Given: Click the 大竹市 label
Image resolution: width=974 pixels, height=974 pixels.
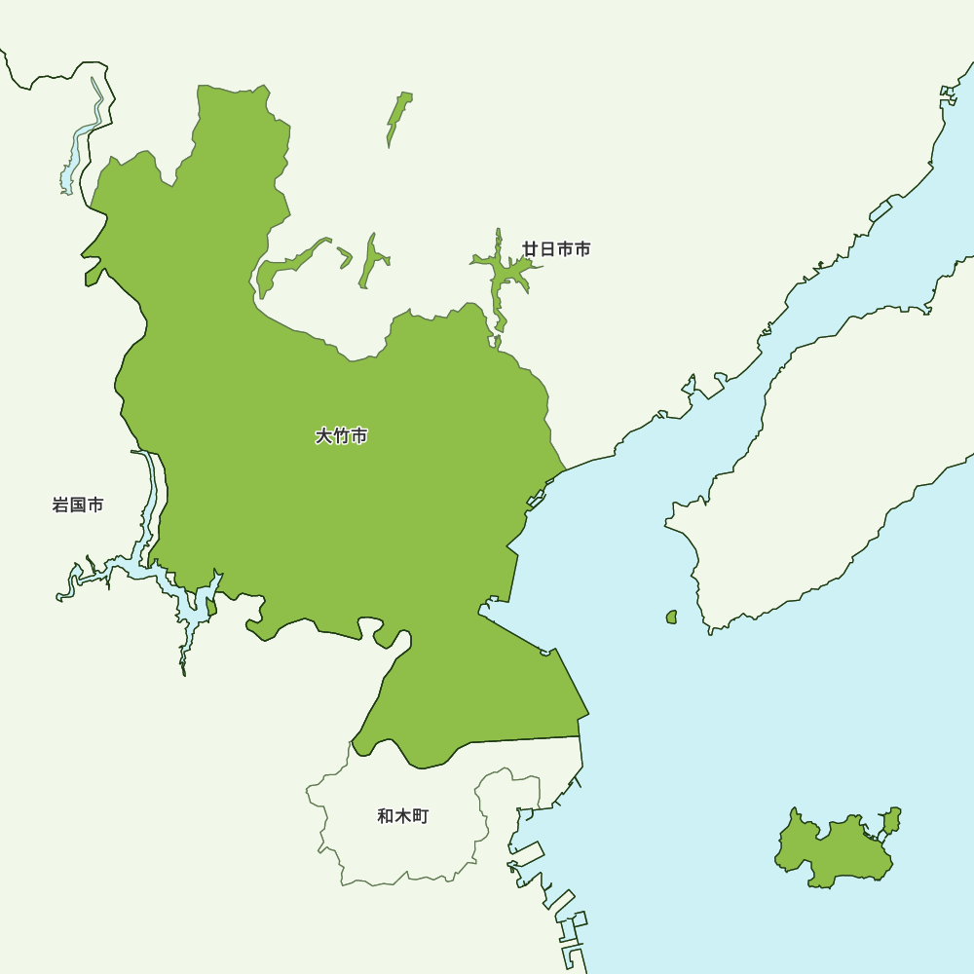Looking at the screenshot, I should pyautogui.click(x=341, y=436).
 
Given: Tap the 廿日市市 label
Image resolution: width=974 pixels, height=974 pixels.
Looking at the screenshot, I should pyautogui.click(x=556, y=249).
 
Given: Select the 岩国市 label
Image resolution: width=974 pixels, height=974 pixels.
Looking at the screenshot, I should pyautogui.click(x=78, y=506).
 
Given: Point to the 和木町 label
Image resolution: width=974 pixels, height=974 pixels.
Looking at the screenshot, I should pyautogui.click(x=402, y=816).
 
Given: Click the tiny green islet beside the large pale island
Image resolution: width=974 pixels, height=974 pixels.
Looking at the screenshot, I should pyautogui.click(x=671, y=617).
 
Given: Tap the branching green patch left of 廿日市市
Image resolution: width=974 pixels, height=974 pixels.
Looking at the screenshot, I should pyautogui.click(x=502, y=278).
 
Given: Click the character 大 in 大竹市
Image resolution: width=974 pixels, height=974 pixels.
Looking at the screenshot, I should pyautogui.click(x=323, y=436).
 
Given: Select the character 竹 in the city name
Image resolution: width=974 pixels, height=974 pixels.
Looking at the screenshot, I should pyautogui.click(x=341, y=436).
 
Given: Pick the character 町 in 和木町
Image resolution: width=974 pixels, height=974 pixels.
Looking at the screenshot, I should pyautogui.click(x=420, y=816).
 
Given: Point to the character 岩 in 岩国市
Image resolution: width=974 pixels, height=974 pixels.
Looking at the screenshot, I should pyautogui.click(x=60, y=506).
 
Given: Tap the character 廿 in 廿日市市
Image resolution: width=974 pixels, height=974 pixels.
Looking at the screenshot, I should pyautogui.click(x=531, y=249).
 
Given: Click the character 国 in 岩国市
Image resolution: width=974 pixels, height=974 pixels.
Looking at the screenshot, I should pyautogui.click(x=78, y=506).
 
